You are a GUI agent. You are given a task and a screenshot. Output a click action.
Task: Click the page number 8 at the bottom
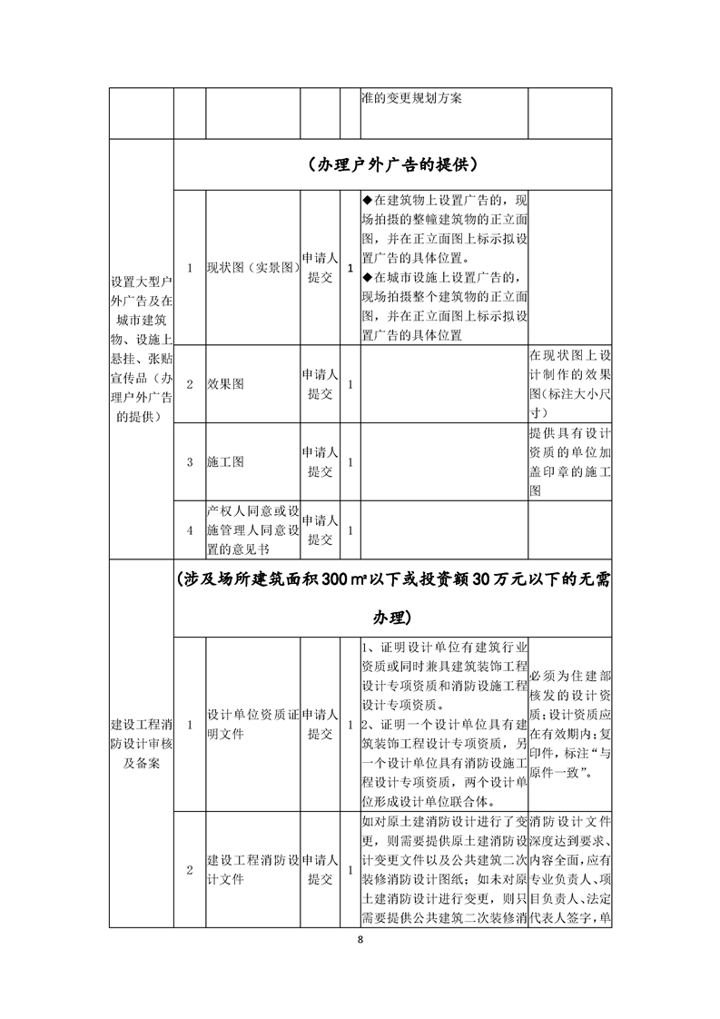[360, 939]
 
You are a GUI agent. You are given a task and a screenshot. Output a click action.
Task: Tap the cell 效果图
[226, 384]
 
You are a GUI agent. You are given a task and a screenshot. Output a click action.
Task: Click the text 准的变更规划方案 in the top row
[411, 98]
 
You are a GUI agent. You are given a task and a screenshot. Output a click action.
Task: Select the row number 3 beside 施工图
[189, 461]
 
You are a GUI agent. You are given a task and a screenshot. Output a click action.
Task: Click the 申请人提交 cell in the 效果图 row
[321, 384]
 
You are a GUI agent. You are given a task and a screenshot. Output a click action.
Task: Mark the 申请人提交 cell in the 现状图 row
[321, 268]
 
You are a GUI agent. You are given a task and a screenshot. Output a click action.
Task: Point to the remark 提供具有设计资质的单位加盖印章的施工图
[569, 461]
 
